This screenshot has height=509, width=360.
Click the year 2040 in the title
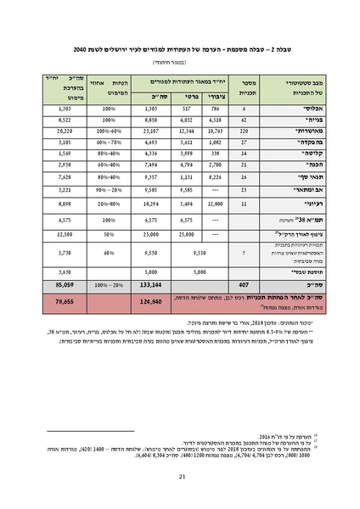pos(82,50)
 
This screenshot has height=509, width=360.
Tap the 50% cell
pos(109,233)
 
